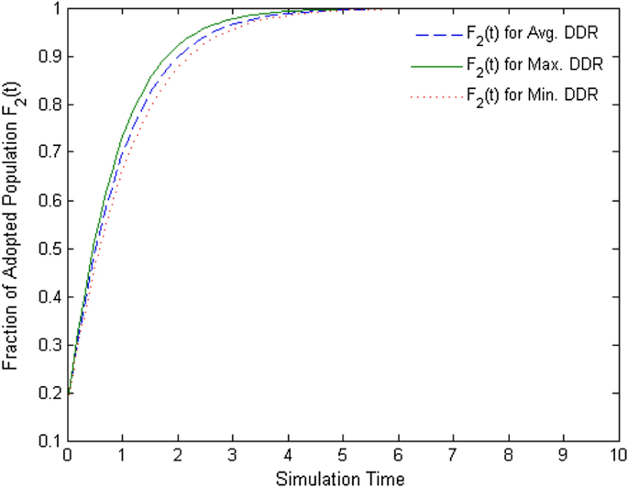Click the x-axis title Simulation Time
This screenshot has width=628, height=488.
tap(343, 477)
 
